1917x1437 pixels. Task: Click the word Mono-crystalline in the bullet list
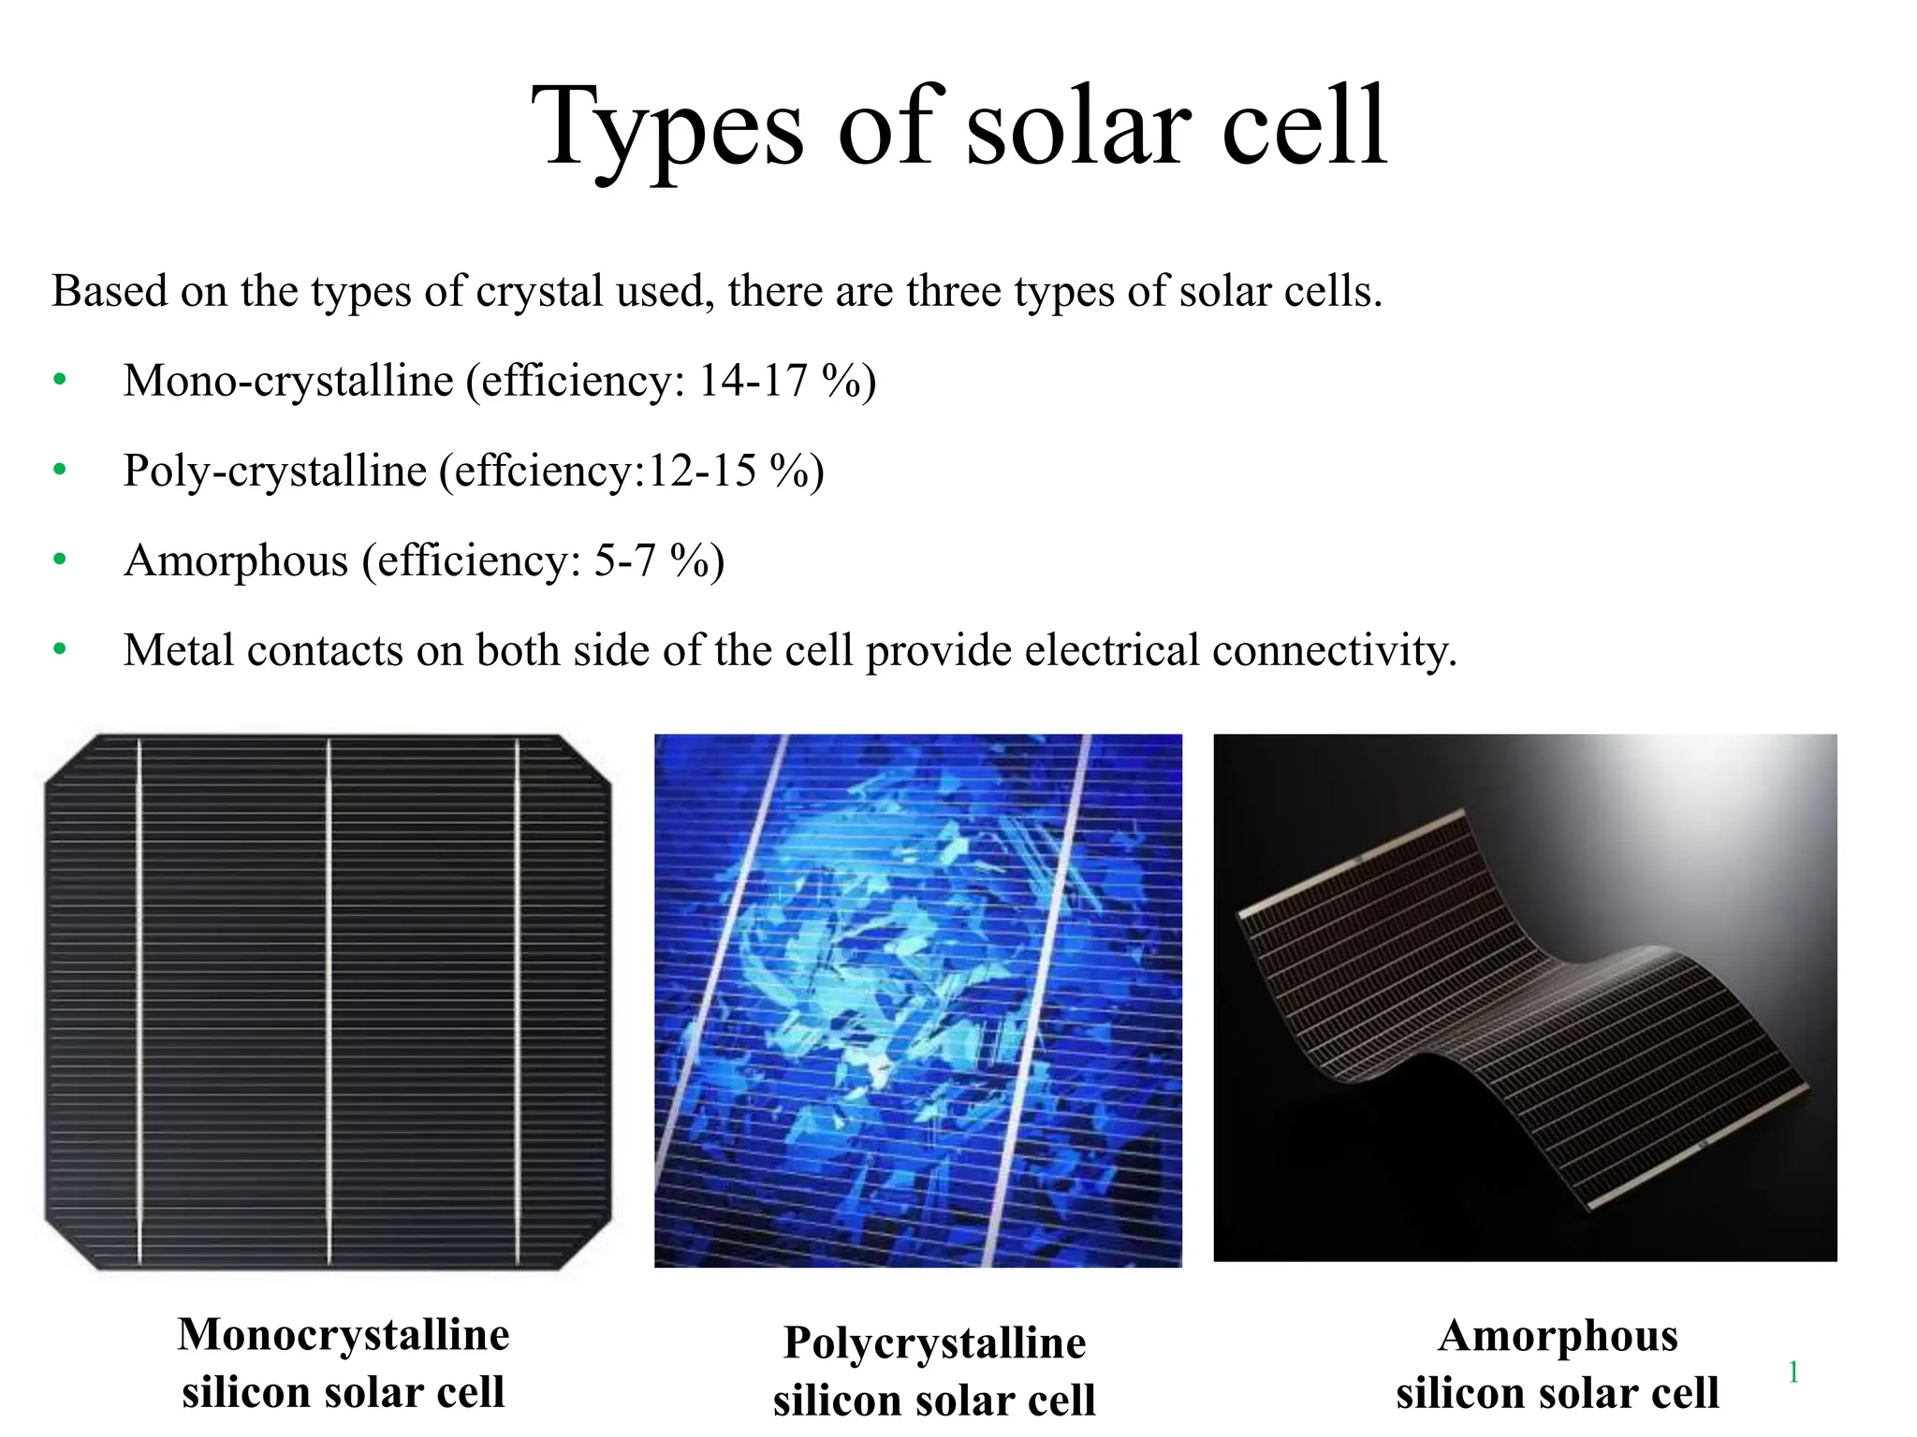click(288, 381)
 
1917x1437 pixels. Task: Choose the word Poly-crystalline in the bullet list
click(275, 471)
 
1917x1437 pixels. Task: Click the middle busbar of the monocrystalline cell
click(329, 1001)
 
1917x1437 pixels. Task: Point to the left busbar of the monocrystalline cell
click(139, 1001)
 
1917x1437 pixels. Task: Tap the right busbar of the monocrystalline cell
click(518, 1001)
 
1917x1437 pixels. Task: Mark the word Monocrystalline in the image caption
click(344, 1334)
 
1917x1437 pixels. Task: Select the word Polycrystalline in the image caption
click(934, 1343)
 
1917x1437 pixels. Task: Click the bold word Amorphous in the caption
click(1558, 1335)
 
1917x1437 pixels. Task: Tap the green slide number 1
click(1793, 1372)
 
